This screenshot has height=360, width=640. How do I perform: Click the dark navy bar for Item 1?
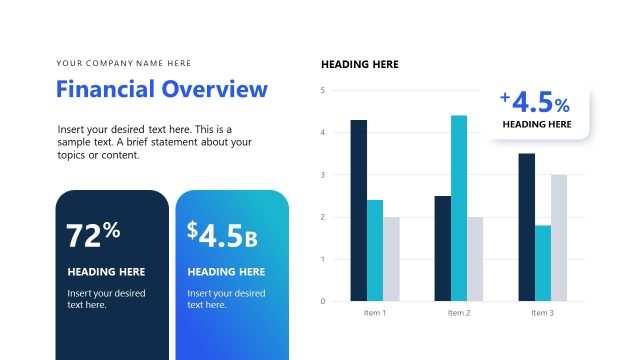[x=358, y=210]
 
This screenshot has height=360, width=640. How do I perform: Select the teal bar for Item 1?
[x=375, y=250]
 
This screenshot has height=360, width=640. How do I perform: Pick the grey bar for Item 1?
[x=391, y=258]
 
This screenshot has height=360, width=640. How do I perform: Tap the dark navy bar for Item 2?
[x=442, y=248]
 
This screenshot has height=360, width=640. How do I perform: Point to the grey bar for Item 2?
[x=475, y=258]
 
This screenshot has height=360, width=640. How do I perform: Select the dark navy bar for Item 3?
[x=526, y=227]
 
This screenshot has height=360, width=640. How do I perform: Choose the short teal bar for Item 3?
[x=543, y=263]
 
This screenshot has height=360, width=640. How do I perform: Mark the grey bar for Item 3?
[x=560, y=237]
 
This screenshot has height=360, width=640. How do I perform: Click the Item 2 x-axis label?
[x=458, y=313]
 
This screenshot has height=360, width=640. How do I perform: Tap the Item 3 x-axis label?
[x=543, y=313]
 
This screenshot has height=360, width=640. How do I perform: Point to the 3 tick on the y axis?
[x=323, y=175]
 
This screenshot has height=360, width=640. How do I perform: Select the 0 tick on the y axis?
[x=323, y=301]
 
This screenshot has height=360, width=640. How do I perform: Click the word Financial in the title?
[x=104, y=89]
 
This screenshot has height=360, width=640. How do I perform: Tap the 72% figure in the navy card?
[x=93, y=234]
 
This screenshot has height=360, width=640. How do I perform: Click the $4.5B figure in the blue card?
[x=222, y=234]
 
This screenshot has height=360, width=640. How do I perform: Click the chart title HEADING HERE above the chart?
[x=360, y=64]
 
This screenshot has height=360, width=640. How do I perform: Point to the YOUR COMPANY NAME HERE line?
[x=124, y=63]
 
